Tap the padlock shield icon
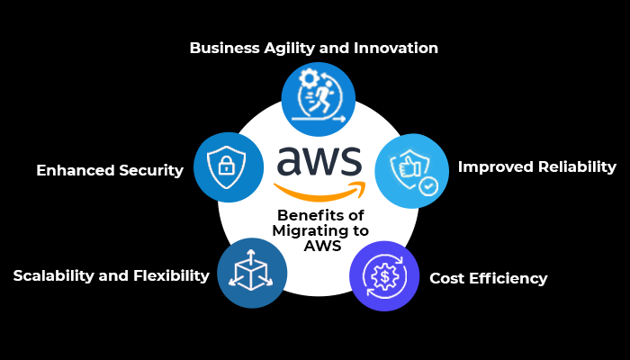229,166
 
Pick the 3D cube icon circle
253,274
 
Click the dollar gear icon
384,276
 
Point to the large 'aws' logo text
319,162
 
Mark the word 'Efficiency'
509,278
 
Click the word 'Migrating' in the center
316,230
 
